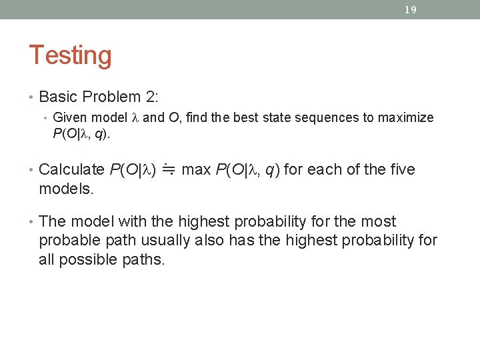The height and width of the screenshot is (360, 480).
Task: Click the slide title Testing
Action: click(70, 55)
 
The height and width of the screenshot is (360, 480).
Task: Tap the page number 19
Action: click(411, 10)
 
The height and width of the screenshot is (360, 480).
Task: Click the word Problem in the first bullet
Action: click(111, 97)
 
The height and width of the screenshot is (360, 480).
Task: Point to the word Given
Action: click(70, 118)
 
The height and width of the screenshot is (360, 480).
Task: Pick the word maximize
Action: click(405, 118)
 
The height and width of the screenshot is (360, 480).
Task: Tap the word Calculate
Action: click(71, 170)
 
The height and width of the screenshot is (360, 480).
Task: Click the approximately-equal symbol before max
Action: click(169, 171)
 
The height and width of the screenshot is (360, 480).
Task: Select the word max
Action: click(196, 170)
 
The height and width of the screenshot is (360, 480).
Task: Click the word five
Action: click(399, 170)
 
